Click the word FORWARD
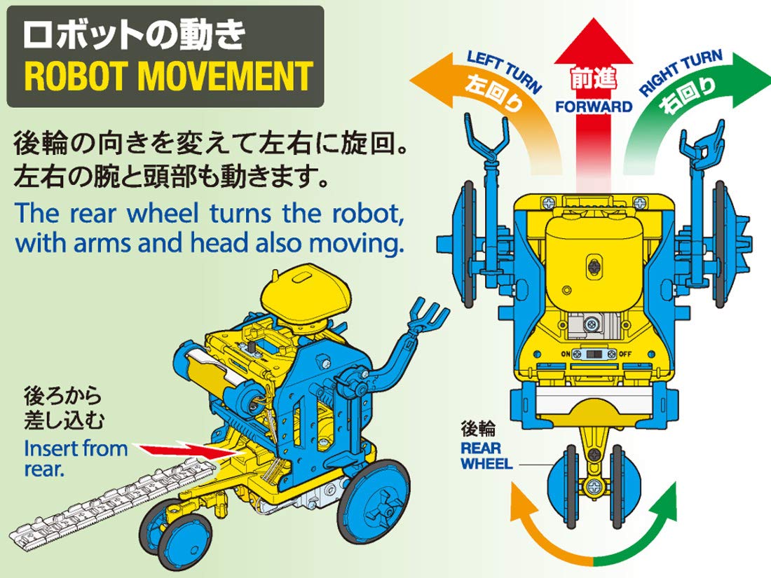tap(594, 107)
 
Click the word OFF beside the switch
tap(626, 354)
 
